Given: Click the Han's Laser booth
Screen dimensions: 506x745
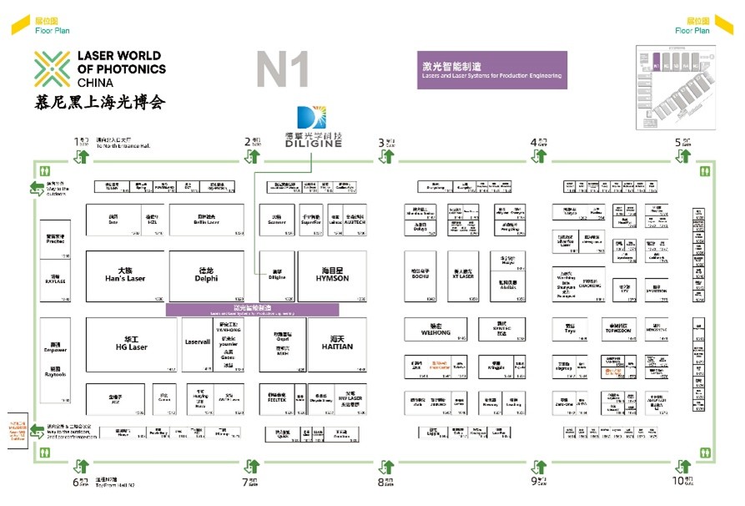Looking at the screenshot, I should (x=124, y=276).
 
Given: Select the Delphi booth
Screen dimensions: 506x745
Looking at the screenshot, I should (x=207, y=276).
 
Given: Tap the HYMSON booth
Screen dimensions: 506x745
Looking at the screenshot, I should (x=332, y=276).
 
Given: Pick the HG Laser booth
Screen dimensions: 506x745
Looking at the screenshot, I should (x=130, y=344).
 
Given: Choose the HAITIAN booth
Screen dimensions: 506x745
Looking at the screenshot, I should (x=332, y=344).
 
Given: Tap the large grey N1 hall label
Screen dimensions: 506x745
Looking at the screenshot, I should (x=283, y=70).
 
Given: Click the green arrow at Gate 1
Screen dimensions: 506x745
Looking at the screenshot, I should (x=82, y=155).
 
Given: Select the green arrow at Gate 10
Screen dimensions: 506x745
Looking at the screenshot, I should (x=683, y=467).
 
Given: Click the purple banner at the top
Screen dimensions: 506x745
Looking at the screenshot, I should (x=492, y=70).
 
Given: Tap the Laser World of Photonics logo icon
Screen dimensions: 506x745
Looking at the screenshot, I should (x=52, y=70).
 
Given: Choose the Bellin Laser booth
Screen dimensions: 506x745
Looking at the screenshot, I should (x=207, y=220).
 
